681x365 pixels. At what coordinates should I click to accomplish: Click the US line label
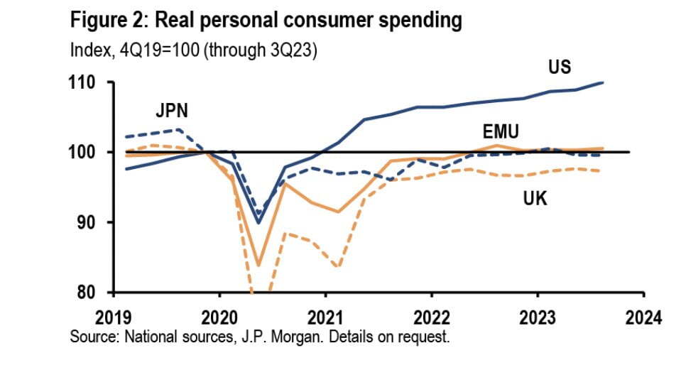(x=560, y=67)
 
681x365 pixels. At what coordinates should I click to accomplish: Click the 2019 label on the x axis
(x=114, y=316)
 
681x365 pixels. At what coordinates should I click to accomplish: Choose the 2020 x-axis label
(x=219, y=316)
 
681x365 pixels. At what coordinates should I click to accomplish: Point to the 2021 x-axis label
(x=325, y=316)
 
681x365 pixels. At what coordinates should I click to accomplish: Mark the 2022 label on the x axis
(x=431, y=316)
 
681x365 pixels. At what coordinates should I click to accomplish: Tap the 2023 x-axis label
(x=537, y=316)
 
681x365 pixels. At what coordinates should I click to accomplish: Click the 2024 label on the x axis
(x=643, y=316)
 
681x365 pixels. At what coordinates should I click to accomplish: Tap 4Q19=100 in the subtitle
(x=139, y=51)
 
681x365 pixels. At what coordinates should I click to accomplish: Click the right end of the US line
(x=603, y=82)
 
